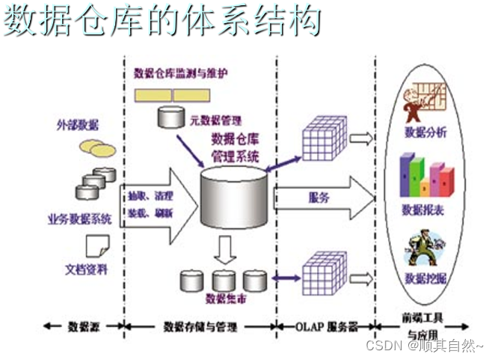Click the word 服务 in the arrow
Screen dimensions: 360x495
point(319,198)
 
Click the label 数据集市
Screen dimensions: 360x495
point(224,299)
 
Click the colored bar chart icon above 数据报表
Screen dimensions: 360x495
point(425,174)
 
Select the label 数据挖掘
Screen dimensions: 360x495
point(425,278)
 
